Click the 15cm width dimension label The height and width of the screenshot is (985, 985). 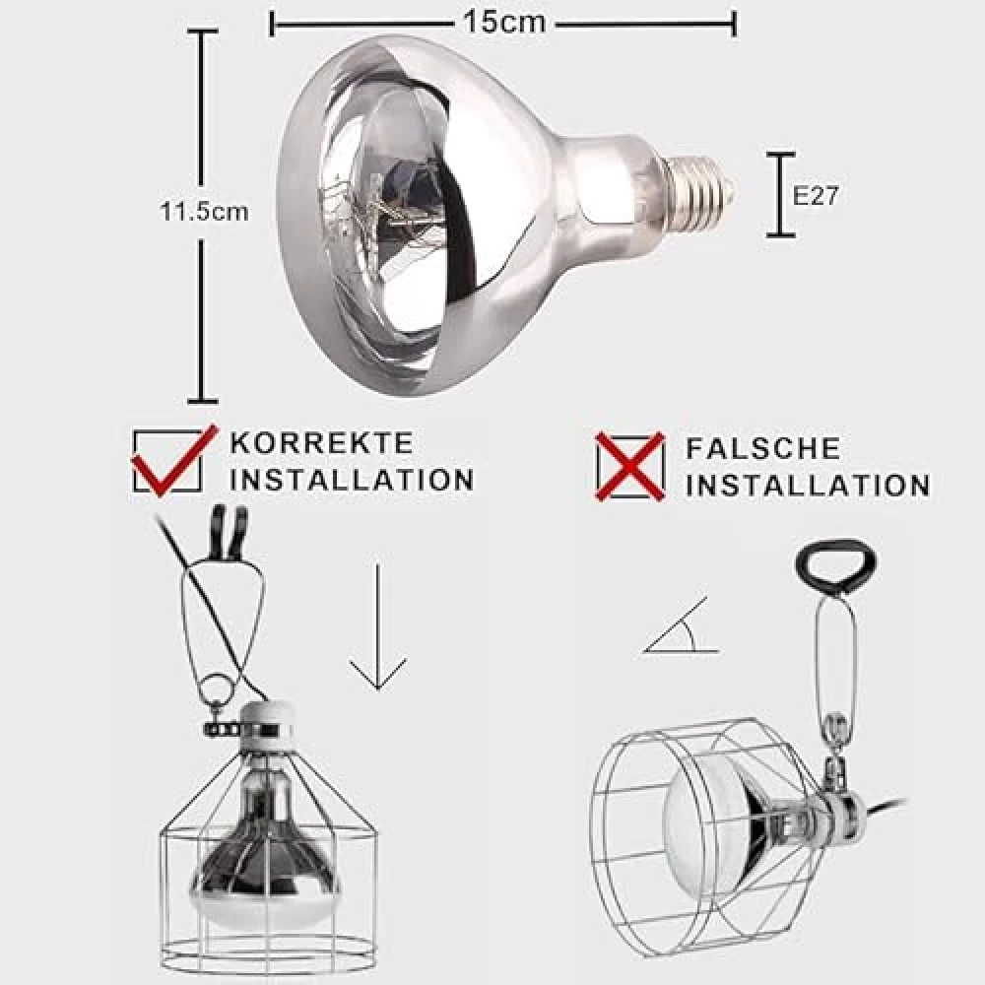coord(504,24)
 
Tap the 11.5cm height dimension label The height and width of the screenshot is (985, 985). coord(204,211)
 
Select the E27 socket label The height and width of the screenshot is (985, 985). coord(815,196)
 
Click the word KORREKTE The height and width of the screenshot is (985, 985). coord(322,443)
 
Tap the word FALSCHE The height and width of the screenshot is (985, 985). coord(762,448)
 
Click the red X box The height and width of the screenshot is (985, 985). coord(630,467)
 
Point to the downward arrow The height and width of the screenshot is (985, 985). coord(377,626)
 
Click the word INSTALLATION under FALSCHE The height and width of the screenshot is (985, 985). coord(808,485)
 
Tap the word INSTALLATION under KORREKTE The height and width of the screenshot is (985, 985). coord(352,480)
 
